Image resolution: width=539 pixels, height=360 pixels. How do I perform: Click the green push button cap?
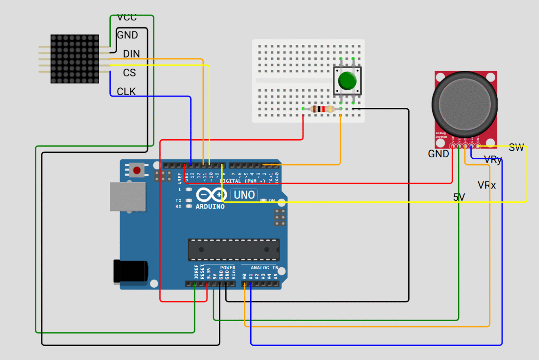(x=347, y=80)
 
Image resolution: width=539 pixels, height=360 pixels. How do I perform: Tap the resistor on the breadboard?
(x=322, y=109)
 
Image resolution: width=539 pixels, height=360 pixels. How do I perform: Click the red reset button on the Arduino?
(x=137, y=170)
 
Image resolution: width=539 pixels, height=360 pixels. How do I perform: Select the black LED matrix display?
(x=75, y=59)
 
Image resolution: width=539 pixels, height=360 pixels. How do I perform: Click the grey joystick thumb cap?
(x=464, y=104)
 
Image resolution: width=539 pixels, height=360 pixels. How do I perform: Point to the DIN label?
(x=131, y=54)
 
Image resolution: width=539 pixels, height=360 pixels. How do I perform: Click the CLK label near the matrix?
(x=126, y=91)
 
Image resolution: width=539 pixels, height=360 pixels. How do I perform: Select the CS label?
(x=129, y=73)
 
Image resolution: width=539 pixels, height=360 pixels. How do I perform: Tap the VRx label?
(x=487, y=185)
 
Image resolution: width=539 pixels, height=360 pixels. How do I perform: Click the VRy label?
(x=493, y=160)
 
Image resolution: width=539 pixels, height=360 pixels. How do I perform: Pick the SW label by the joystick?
(x=516, y=148)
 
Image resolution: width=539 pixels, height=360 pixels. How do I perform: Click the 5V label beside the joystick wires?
(x=459, y=197)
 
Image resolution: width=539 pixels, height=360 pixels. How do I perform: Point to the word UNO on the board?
(x=245, y=195)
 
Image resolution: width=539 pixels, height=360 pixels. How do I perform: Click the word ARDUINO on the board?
(x=210, y=206)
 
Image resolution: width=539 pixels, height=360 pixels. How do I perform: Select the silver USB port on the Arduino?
(x=127, y=197)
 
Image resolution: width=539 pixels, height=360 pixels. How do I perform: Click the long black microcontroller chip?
(x=234, y=250)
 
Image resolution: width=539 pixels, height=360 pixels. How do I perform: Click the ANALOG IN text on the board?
(x=264, y=268)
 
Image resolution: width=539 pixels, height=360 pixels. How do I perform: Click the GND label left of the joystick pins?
(x=438, y=154)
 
